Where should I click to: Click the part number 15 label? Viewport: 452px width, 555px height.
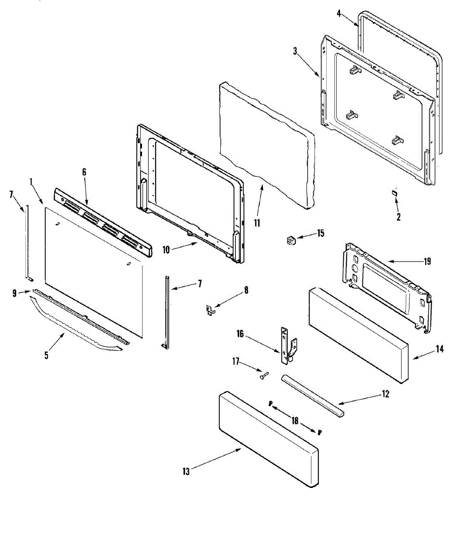[321, 233]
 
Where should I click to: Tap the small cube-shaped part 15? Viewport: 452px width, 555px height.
[291, 240]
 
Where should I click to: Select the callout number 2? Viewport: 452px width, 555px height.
[398, 216]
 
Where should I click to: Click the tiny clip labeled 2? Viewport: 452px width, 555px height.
[394, 192]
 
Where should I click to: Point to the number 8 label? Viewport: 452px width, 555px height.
[246, 290]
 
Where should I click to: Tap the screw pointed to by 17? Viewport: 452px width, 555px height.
[264, 377]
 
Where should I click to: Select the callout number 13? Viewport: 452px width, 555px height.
[186, 471]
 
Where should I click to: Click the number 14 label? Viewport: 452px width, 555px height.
[440, 350]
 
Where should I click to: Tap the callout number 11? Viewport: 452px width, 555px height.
[257, 223]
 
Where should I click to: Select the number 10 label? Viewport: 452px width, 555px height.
[167, 249]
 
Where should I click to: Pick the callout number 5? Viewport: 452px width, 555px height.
[46, 356]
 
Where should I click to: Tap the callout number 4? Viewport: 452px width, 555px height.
[339, 13]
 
